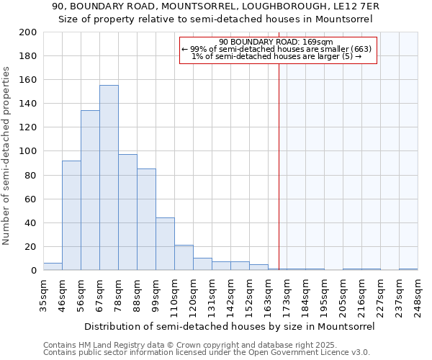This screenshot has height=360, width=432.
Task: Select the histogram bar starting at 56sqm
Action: click(x=90, y=191)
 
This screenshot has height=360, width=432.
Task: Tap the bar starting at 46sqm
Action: click(x=71, y=215)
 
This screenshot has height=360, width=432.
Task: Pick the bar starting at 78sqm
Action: click(x=127, y=212)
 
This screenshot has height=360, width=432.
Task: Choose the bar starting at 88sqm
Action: click(x=146, y=220)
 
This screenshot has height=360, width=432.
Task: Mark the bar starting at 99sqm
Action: click(x=165, y=244)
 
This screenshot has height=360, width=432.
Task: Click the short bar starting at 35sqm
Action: click(x=53, y=266)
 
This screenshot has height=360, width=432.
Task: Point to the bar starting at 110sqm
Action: click(x=184, y=258)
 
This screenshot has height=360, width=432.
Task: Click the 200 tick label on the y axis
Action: click(x=28, y=32)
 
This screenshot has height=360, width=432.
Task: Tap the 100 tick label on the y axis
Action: click(x=28, y=151)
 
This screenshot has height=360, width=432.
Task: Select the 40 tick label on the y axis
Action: click(x=31, y=222)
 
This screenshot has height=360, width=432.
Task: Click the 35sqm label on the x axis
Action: click(x=44, y=294)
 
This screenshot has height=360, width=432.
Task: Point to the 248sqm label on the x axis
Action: click(x=418, y=294)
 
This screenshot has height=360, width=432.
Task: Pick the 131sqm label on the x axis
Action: click(x=212, y=294)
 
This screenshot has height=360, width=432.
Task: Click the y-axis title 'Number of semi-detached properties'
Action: click(x=7, y=156)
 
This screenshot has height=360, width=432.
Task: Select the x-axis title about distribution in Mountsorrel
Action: click(x=230, y=326)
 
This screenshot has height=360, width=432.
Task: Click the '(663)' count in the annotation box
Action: click(x=361, y=49)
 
